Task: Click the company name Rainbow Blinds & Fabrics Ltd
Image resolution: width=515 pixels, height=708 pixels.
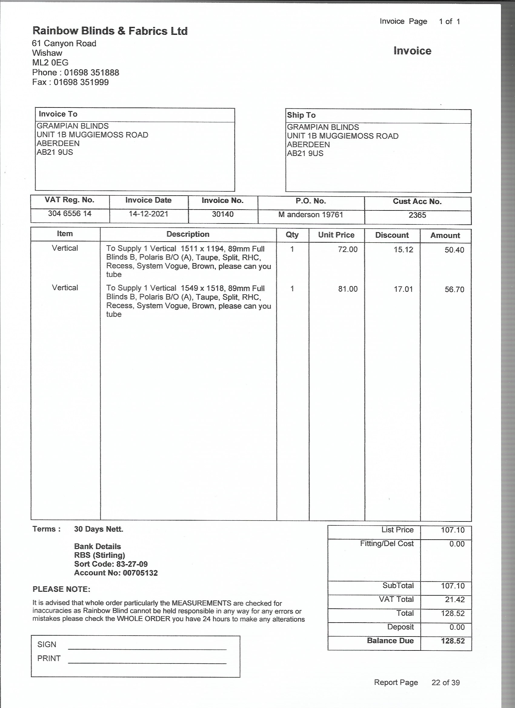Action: [x=110, y=31]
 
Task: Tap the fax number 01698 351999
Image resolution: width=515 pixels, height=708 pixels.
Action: [x=81, y=82]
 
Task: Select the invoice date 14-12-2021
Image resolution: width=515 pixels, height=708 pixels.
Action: [x=148, y=214]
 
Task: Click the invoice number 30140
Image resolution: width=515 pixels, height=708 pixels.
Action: [x=223, y=214]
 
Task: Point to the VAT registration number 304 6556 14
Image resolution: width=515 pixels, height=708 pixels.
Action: [x=70, y=213]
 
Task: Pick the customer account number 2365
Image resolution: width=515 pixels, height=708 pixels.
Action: [x=417, y=215]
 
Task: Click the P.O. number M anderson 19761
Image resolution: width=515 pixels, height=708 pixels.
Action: [x=311, y=215]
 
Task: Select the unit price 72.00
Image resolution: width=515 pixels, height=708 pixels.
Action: [x=347, y=250]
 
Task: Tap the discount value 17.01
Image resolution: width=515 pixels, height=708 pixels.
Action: [x=403, y=289]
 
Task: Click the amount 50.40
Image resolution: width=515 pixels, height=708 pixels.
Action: [x=454, y=250]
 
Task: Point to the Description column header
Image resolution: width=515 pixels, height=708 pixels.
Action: [x=188, y=234]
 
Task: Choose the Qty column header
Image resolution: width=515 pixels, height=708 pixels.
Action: [x=292, y=235]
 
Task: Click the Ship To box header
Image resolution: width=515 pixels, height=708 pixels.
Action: [x=301, y=115]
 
